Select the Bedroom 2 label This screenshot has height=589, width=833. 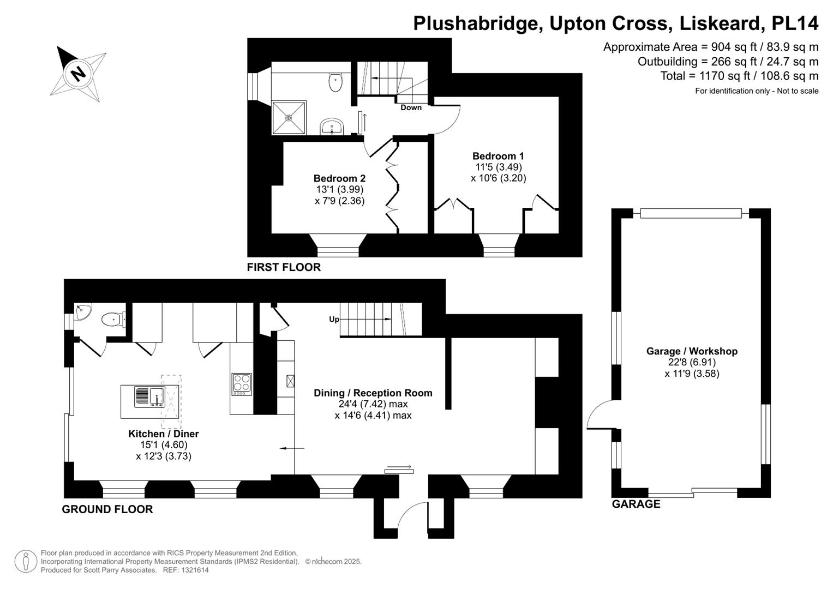[x=339, y=178]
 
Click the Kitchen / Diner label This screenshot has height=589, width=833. [x=163, y=434]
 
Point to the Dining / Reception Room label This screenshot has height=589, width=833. [x=373, y=393]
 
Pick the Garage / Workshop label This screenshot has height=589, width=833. [x=692, y=351]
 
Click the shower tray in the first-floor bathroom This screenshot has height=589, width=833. [x=289, y=117]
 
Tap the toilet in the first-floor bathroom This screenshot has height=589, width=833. [x=335, y=82]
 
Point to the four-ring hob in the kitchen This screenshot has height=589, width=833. [x=242, y=383]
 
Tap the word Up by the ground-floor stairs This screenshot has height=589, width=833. [x=334, y=319]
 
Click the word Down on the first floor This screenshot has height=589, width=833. [x=411, y=107]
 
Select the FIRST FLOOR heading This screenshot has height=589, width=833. [x=284, y=267]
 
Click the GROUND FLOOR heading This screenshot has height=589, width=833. [x=107, y=509]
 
